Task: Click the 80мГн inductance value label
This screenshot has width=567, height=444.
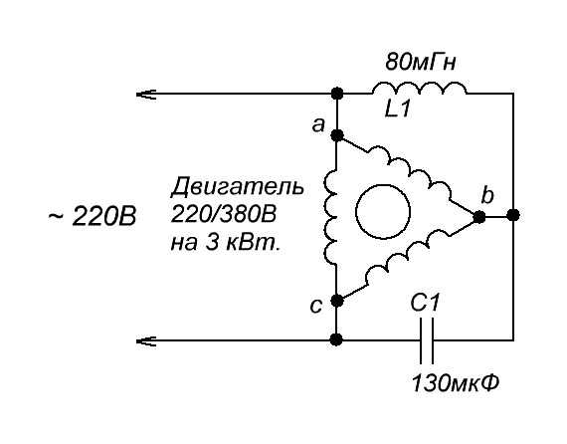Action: point(421,63)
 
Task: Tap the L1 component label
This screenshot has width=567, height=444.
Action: point(398,109)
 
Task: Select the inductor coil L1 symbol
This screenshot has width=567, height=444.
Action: point(420,89)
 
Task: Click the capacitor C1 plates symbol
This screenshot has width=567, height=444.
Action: point(427,340)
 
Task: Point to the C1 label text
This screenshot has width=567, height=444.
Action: point(426,303)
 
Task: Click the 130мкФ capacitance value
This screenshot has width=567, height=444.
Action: point(456,383)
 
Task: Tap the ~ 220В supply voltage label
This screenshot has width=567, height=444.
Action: point(93,217)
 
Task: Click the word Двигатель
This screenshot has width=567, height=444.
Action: point(237,187)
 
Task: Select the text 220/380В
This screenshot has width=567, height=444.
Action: point(223,214)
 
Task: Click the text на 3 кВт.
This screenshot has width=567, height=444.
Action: point(225,243)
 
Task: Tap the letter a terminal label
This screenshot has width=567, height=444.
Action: point(318,125)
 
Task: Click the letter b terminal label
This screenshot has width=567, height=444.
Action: point(487,195)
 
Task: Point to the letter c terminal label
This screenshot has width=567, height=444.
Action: point(315,307)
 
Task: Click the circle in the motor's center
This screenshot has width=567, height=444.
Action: point(383,212)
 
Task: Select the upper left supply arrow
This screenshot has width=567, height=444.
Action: point(146,95)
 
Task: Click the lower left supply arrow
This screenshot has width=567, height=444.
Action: point(146,340)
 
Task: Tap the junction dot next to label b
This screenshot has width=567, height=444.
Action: point(479,217)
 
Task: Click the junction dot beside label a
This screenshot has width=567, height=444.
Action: point(337,135)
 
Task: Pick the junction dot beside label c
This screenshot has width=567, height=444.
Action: point(337,301)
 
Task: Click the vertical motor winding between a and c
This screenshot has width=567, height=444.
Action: point(330,218)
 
